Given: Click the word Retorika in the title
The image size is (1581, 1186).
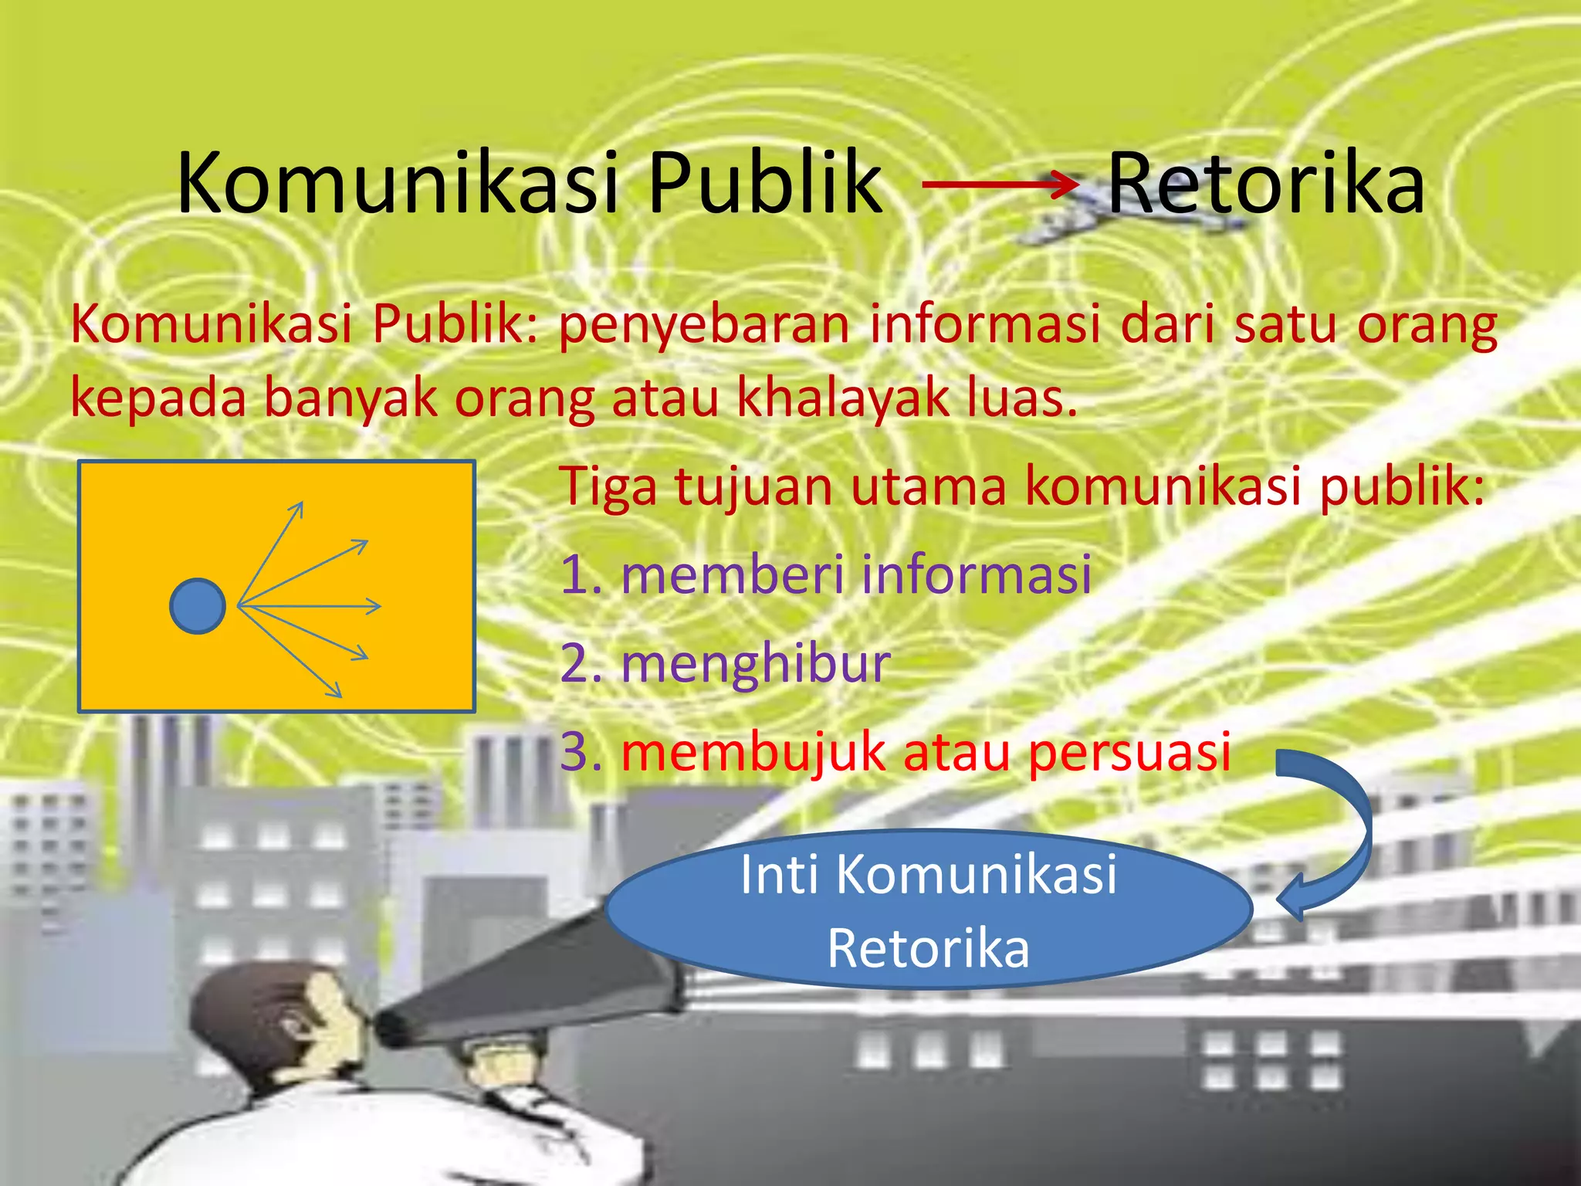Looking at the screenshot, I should click(1266, 184).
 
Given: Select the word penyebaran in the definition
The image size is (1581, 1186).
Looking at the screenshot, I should click(704, 324).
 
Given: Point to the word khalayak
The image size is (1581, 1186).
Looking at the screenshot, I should click(842, 398).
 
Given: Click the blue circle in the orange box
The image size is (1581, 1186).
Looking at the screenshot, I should click(198, 606).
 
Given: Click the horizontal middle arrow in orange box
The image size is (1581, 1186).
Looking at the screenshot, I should click(309, 606).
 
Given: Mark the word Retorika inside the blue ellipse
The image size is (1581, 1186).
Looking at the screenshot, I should click(928, 948).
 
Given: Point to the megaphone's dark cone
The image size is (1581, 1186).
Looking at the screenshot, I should click(525, 981).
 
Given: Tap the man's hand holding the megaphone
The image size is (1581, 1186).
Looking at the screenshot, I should click(502, 1066).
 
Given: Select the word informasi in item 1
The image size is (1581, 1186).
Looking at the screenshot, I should click(976, 574).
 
